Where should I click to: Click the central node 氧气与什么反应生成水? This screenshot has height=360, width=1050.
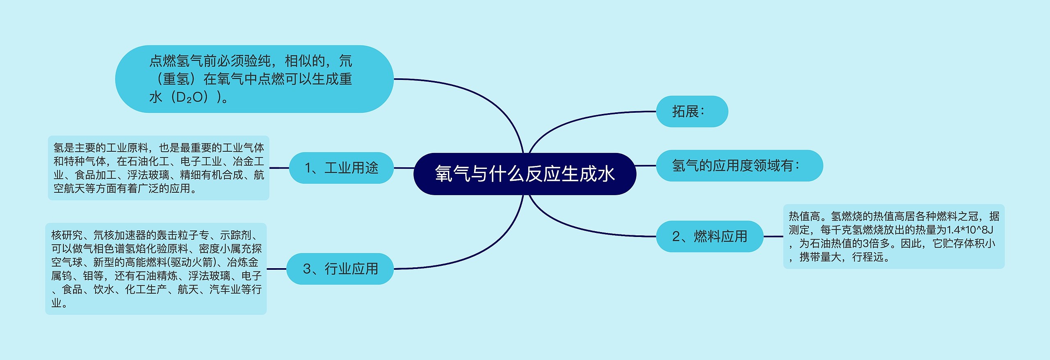tap(525, 174)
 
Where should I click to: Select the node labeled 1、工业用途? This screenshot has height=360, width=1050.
tap(341, 168)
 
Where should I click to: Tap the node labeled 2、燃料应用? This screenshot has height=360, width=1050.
tap(710, 236)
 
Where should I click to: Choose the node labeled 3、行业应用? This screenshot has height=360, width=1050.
tap(340, 269)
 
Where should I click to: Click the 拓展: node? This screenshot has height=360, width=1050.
tap(692, 111)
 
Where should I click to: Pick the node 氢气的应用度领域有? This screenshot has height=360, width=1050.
tap(740, 166)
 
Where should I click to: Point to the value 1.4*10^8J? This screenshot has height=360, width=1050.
tap(970, 230)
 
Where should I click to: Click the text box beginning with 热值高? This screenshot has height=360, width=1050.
tap(894, 236)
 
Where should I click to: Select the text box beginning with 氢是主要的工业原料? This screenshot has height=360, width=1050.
tap(159, 168)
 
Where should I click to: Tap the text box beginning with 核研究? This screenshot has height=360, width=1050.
tap(156, 269)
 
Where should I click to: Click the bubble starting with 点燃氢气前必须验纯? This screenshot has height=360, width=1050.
tap(254, 79)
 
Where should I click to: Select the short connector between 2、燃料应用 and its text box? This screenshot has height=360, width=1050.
tap(773, 236)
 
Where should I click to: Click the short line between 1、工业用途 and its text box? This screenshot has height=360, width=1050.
tap(279, 168)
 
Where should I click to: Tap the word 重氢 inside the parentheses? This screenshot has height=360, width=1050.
tap(176, 79)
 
